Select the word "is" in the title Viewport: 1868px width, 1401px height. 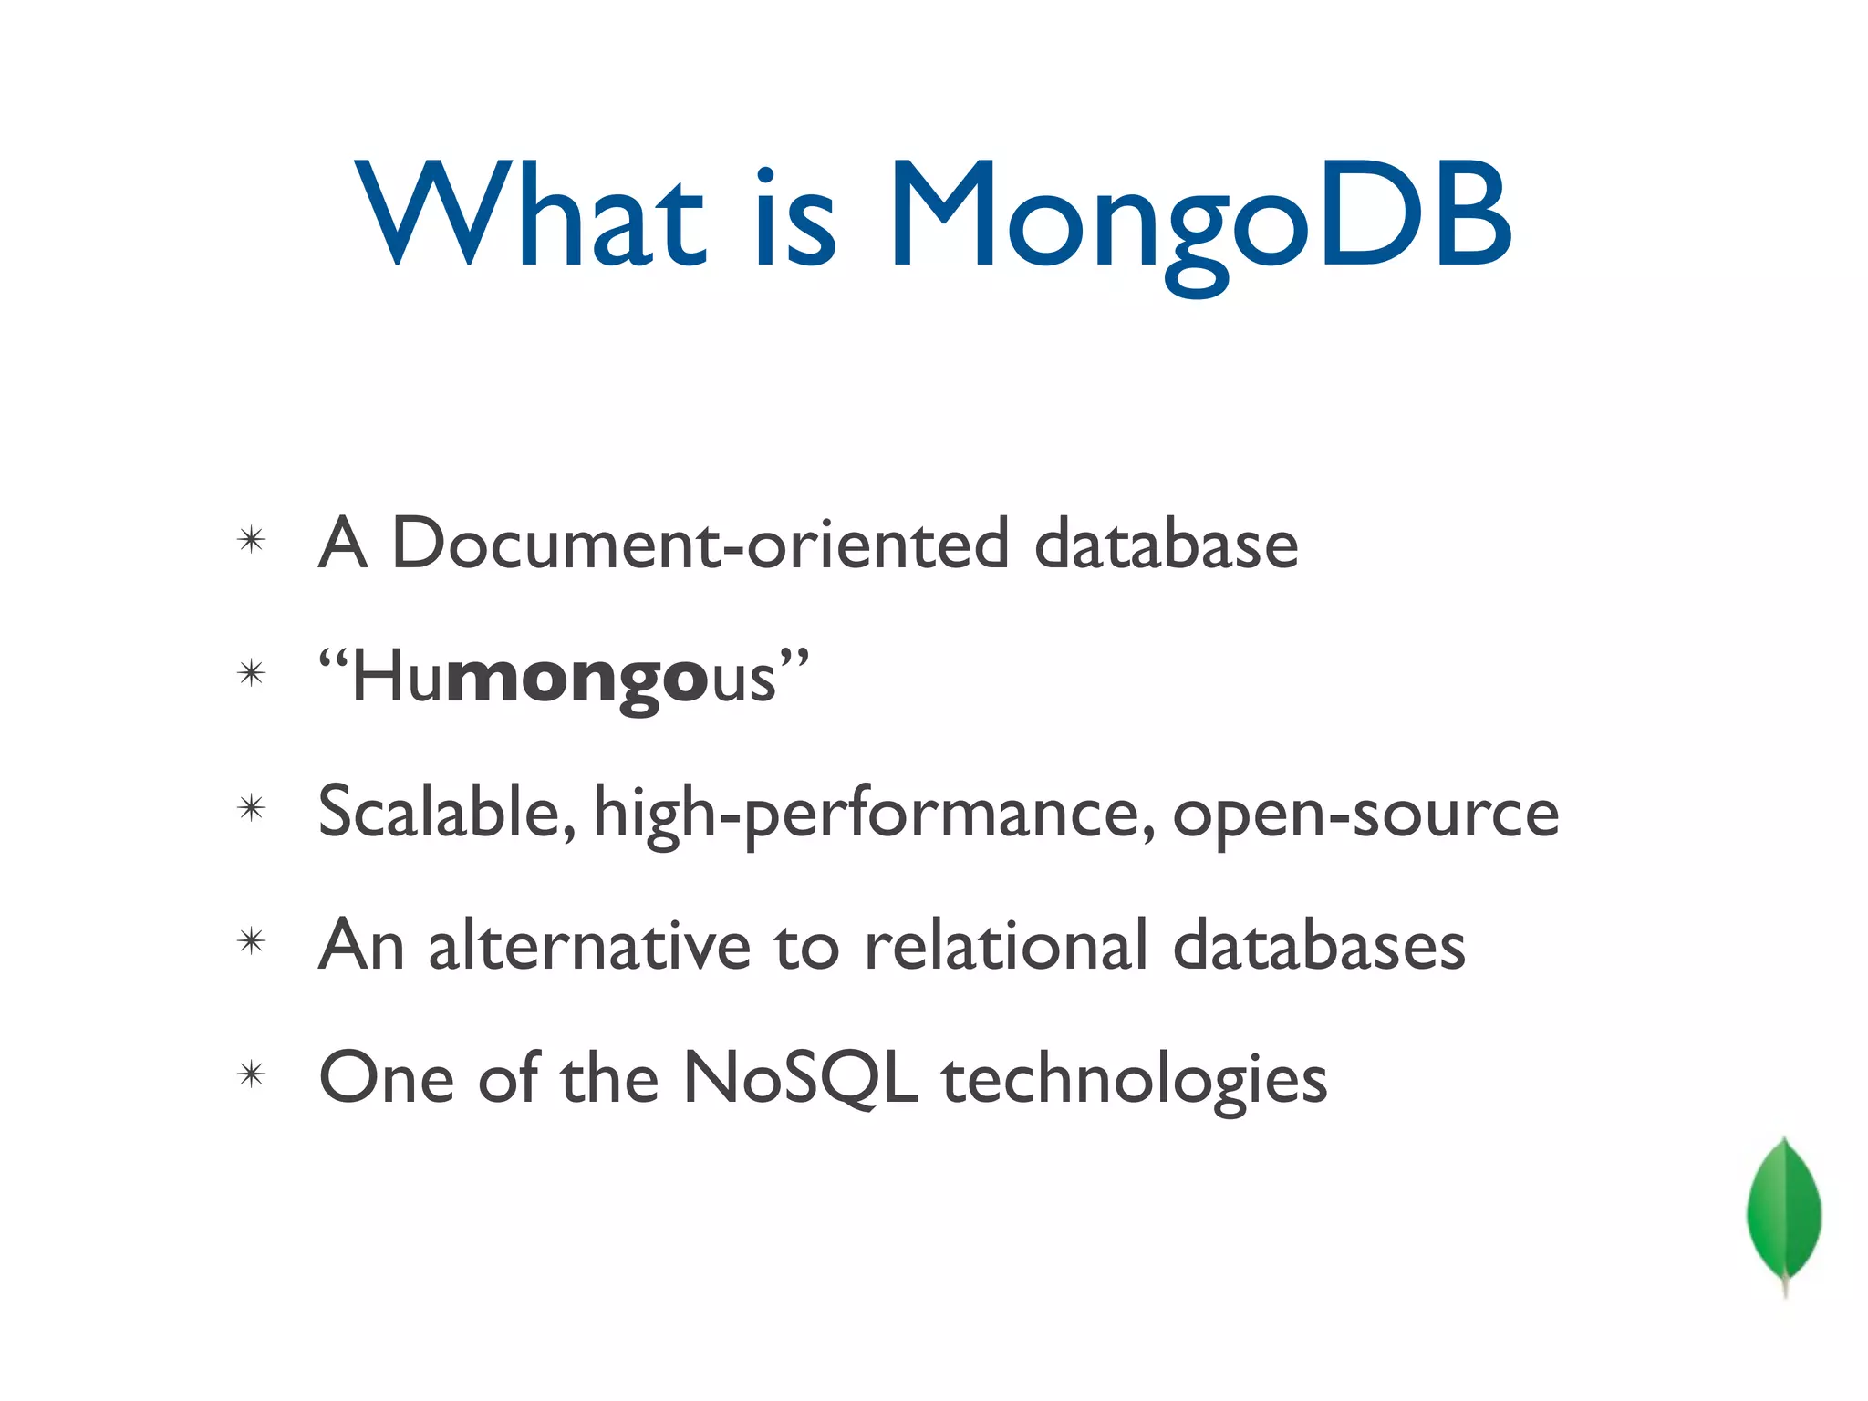tap(795, 219)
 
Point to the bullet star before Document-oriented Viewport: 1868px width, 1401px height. tap(251, 540)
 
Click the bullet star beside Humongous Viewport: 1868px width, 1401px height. tap(251, 674)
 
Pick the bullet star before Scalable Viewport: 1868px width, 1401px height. tap(251, 808)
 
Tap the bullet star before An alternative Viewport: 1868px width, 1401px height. tap(251, 941)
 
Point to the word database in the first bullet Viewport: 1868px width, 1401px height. tap(1166, 545)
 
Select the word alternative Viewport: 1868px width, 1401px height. tap(589, 945)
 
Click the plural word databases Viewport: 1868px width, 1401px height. tap(1319, 945)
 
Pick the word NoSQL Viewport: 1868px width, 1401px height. tap(800, 1079)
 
